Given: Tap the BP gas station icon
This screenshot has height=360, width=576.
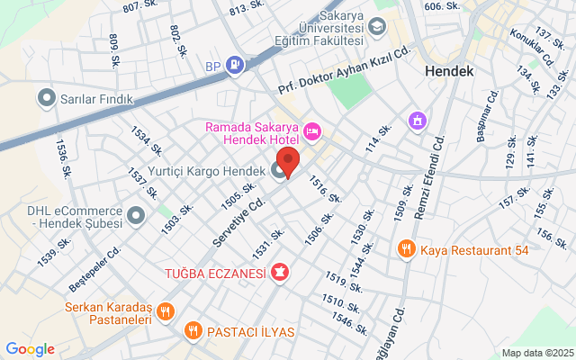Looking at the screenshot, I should pos(234,65).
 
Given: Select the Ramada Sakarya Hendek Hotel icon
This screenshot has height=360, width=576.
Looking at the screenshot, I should pos(312,132).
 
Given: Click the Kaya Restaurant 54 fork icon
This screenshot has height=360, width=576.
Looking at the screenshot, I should pos(407,248).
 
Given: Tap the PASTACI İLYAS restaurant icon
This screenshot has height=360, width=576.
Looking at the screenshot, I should pos(193,331).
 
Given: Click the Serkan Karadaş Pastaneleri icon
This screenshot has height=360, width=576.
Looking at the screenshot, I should pos(165,312).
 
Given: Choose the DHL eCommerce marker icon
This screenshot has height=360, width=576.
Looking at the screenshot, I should pos(136,215).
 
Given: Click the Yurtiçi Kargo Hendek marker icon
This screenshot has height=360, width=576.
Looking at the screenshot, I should pos(278,169).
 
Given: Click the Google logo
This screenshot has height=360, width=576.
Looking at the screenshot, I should pos(30,349).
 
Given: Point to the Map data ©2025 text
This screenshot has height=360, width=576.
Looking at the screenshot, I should pos(536,353).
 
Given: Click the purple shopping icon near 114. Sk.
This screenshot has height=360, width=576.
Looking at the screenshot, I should pos(417,120).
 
